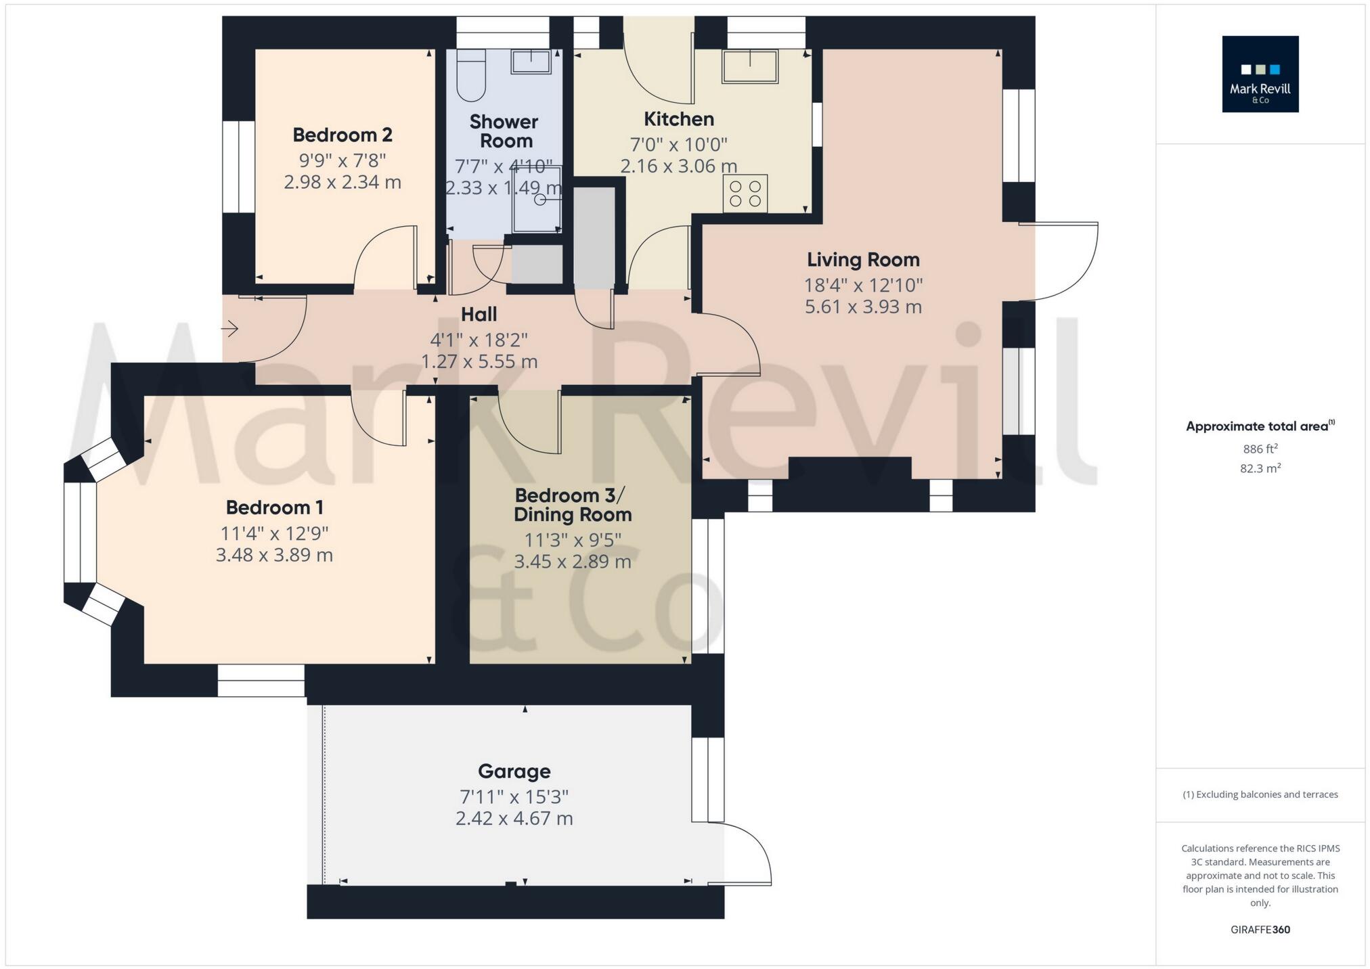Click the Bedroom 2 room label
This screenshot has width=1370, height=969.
coord(342,135)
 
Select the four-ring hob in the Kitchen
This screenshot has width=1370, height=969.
coord(745,193)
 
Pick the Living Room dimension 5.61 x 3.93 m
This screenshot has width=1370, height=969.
coord(862,307)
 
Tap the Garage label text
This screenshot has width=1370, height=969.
coord(514,771)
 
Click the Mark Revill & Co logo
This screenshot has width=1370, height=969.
coord(1260,74)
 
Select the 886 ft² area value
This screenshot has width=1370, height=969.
coord(1260,449)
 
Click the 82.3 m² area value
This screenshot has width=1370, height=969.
coord(1260,468)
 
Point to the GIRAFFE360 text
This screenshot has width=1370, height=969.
coord(1260,930)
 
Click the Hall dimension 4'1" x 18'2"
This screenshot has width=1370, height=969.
coord(479,339)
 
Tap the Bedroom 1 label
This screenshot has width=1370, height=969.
coord(274,507)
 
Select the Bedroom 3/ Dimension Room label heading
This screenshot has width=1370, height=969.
coord(572,504)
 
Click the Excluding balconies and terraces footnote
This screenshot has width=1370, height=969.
coord(1260,794)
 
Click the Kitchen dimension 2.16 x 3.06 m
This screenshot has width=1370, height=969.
coord(678,166)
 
